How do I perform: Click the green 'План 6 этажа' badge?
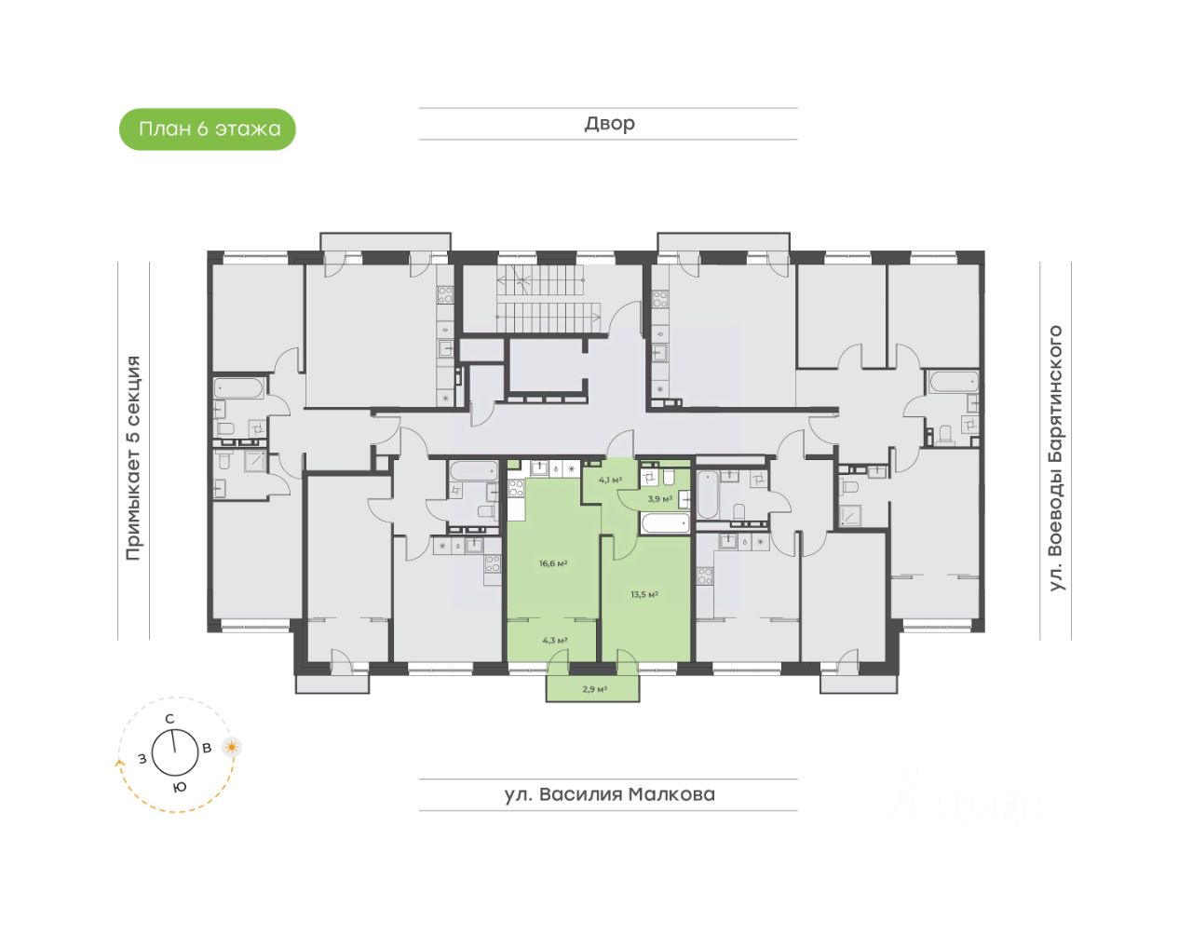(x=208, y=129)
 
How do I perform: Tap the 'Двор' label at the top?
(x=609, y=124)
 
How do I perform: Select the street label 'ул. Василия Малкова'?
(x=609, y=794)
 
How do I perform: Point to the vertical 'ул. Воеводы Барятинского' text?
(x=1055, y=458)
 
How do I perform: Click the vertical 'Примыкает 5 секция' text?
(x=133, y=458)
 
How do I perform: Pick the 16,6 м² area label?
(x=553, y=563)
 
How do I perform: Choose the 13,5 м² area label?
(x=644, y=594)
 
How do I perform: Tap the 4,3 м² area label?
(x=555, y=640)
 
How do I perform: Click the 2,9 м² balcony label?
(x=594, y=689)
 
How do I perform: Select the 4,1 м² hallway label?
(x=610, y=480)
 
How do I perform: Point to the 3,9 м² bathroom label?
(x=659, y=498)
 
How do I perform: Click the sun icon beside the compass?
(x=231, y=746)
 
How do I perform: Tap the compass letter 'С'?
(x=169, y=718)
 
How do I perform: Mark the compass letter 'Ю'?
(x=180, y=787)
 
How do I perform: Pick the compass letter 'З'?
(x=142, y=758)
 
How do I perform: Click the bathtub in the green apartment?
(x=665, y=522)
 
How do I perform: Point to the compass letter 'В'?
(x=207, y=747)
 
